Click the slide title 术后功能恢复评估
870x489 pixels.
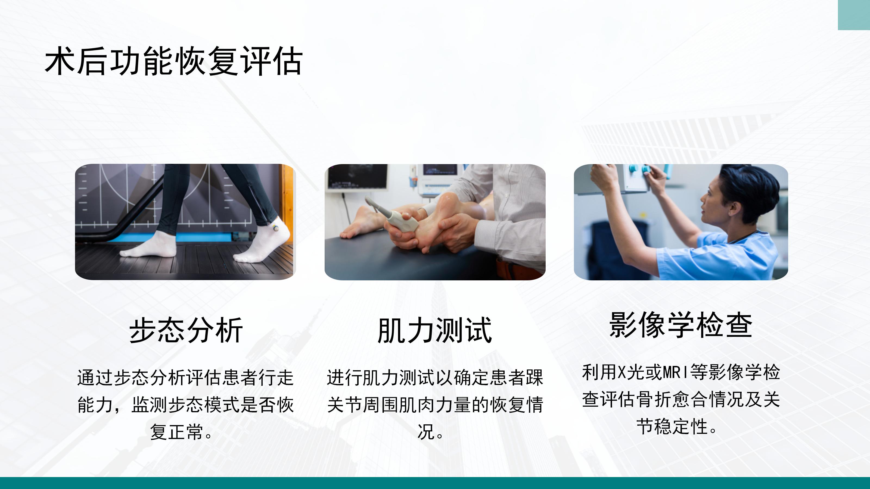click(174, 61)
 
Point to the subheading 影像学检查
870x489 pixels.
click(681, 325)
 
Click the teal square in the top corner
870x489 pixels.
click(854, 15)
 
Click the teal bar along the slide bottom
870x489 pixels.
click(435, 483)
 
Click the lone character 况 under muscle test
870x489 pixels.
click(426, 432)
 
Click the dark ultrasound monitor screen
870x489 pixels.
click(358, 177)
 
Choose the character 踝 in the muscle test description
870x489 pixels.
click(534, 377)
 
